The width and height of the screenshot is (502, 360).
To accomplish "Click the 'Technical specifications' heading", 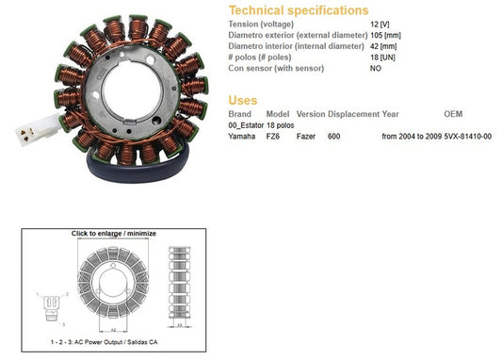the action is coord(299,10).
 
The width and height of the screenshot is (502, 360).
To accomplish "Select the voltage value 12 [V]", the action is coord(380,25).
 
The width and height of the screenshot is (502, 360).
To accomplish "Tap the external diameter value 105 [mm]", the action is coord(385,35).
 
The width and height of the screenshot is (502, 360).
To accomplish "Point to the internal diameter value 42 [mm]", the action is coord(383,46).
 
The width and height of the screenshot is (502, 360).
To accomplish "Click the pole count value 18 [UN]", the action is coord(382,57).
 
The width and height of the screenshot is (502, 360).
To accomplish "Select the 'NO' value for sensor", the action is coord(376,68).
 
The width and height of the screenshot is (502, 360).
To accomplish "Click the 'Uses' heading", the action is coord(243,100).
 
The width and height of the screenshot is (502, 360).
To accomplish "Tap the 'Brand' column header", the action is coord(240,114).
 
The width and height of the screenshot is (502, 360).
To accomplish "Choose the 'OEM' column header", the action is coord(453,114).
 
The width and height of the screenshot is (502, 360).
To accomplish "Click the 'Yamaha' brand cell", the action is coord(242,137).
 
